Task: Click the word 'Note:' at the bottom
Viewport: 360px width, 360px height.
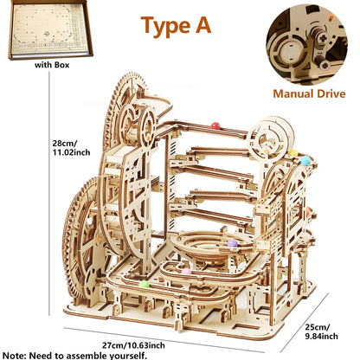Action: (x=17, y=355)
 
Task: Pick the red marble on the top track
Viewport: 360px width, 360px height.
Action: (x=215, y=126)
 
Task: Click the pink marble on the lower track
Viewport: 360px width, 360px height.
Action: (x=186, y=272)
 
